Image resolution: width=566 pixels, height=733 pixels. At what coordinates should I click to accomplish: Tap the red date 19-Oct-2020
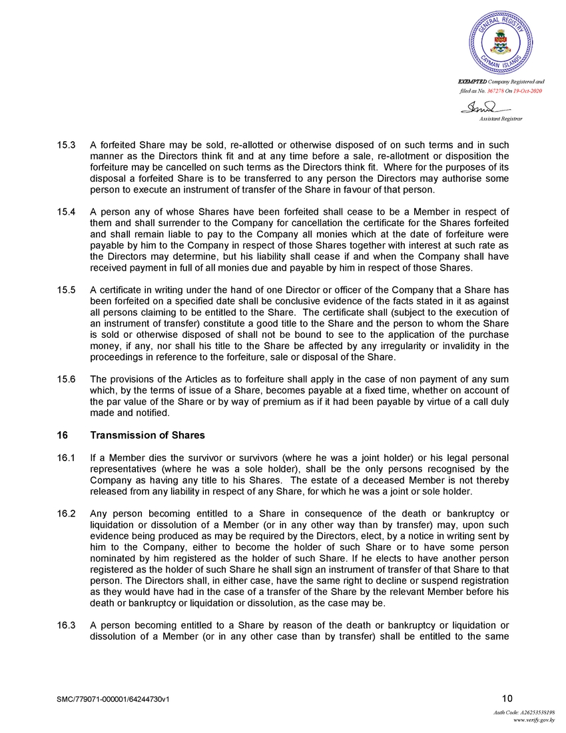coord(527,90)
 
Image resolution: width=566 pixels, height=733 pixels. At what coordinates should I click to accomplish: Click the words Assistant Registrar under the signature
coord(501,118)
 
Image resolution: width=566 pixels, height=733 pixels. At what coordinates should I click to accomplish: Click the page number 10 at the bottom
coord(507,698)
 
